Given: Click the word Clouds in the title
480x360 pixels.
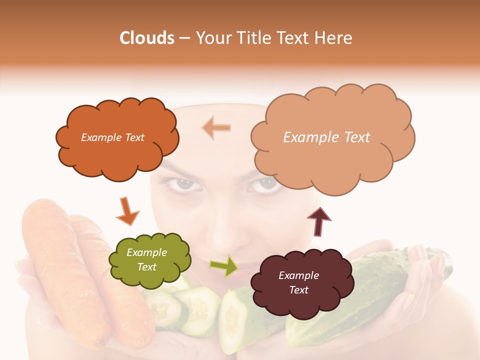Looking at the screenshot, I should click(x=147, y=38).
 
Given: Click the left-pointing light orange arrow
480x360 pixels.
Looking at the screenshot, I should click(x=216, y=127).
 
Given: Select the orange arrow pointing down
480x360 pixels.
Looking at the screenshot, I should click(x=127, y=210).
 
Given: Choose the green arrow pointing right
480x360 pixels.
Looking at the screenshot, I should click(x=223, y=265).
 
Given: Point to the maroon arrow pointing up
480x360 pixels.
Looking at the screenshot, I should click(x=319, y=221).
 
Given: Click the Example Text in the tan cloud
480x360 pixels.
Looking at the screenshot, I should click(x=327, y=137).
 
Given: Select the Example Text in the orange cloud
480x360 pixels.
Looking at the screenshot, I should click(x=112, y=137).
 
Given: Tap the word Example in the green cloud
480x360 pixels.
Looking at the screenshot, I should click(x=146, y=253).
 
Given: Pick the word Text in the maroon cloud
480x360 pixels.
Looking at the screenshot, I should click(x=299, y=290).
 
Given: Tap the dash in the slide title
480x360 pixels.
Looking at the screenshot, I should click(x=184, y=38).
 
